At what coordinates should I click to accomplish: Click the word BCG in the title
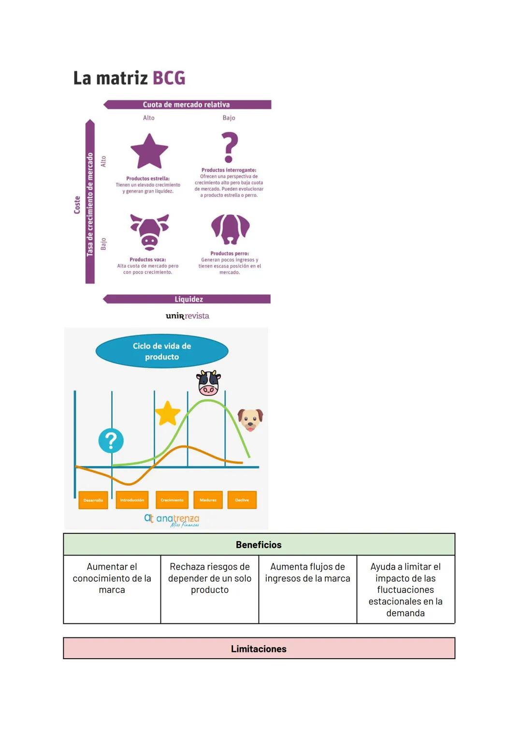[169, 78]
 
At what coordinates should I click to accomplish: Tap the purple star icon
[149, 151]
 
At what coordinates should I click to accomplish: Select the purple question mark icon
[230, 147]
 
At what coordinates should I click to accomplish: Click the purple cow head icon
[150, 231]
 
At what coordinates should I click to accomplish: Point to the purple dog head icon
[230, 229]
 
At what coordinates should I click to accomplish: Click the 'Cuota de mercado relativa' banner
[187, 105]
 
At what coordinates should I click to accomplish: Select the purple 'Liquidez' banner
[188, 299]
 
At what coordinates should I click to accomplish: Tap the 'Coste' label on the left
[77, 205]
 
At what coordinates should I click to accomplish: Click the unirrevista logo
[188, 316]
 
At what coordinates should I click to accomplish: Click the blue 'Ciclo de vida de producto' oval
[162, 351]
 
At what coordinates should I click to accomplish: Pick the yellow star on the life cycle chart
[167, 413]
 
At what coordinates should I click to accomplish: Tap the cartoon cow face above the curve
[209, 383]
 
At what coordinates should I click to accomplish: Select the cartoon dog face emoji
[250, 419]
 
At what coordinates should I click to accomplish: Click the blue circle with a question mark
[111, 441]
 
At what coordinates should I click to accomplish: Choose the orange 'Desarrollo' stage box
[93, 500]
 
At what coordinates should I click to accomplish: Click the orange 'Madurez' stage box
[208, 500]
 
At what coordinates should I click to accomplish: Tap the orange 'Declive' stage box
[242, 500]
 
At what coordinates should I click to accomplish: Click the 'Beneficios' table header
[259, 545]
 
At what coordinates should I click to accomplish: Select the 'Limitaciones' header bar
[259, 649]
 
